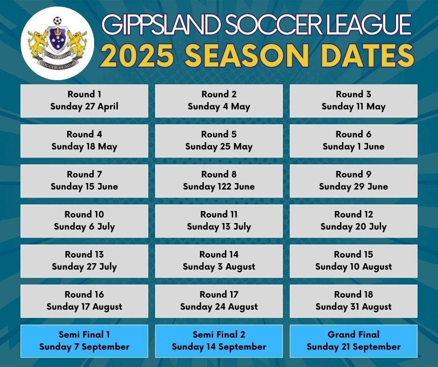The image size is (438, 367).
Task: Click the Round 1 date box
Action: coord(84,101)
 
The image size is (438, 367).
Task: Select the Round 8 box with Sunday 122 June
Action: coord(219,181)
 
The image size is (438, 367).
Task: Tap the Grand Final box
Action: coord(353,341)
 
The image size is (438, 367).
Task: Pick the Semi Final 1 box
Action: coord(84,341)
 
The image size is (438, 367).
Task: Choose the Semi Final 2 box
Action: coord(219,341)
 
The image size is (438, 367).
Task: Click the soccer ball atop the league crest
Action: coord(57,21)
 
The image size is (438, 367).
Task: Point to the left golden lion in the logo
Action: coord(38,44)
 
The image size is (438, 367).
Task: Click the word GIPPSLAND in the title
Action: coord(153,25)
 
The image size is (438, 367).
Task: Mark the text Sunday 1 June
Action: coord(353,147)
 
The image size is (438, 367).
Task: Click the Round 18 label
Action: coord(353,294)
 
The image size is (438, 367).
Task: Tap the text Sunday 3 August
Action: coord(219,267)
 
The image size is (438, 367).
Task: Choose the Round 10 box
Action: coord(84,221)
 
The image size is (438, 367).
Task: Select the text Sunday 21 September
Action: coord(353,347)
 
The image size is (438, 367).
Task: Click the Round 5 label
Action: coord(219,134)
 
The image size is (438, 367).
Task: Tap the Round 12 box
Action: coord(353,221)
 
